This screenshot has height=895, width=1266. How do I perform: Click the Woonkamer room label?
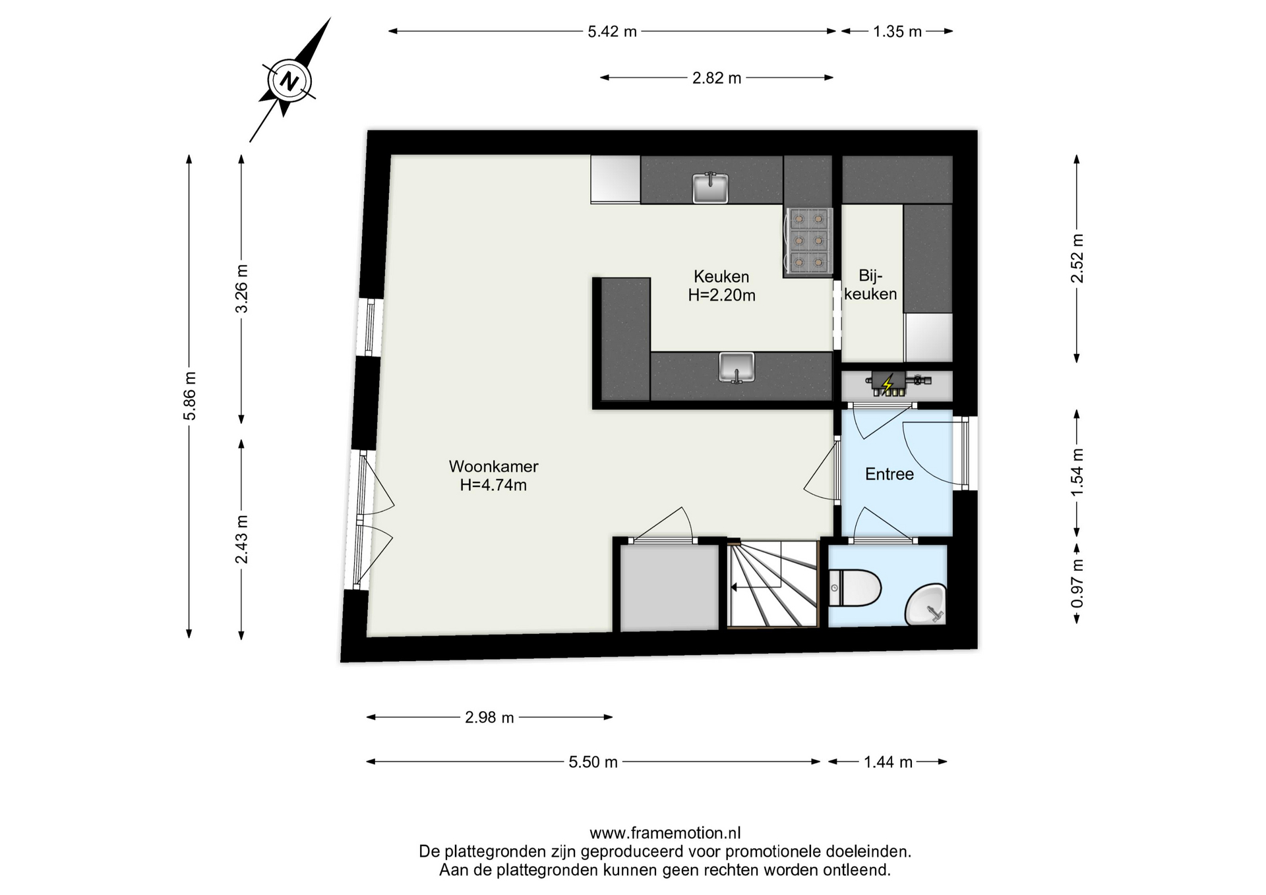[x=493, y=466]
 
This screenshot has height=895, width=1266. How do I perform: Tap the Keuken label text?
[x=721, y=276]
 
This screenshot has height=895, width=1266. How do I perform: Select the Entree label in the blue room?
[x=889, y=474]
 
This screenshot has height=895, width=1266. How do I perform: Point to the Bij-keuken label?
[x=870, y=285]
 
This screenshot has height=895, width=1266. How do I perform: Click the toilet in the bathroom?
[x=855, y=588]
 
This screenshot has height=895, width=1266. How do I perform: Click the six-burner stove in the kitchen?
[x=808, y=241]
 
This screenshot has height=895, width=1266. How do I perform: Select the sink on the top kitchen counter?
[x=710, y=188]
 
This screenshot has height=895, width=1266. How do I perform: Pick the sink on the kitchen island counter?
[x=737, y=367]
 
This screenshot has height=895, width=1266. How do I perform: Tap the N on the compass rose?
[x=289, y=82]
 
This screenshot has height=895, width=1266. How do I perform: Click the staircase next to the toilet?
[x=773, y=584]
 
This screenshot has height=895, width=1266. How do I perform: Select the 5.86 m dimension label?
[x=190, y=395]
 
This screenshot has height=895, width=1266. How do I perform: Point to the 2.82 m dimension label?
[x=717, y=78]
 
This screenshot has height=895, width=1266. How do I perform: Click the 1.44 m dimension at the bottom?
[x=888, y=762]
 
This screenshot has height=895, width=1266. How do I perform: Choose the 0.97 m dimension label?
[x=1077, y=584]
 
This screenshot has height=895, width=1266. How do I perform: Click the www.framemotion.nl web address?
[x=665, y=833]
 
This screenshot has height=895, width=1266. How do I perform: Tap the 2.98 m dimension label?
[x=489, y=717]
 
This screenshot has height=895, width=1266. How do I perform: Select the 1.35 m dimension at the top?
[x=897, y=31]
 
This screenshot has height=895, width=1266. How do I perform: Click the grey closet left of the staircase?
[x=669, y=588]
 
